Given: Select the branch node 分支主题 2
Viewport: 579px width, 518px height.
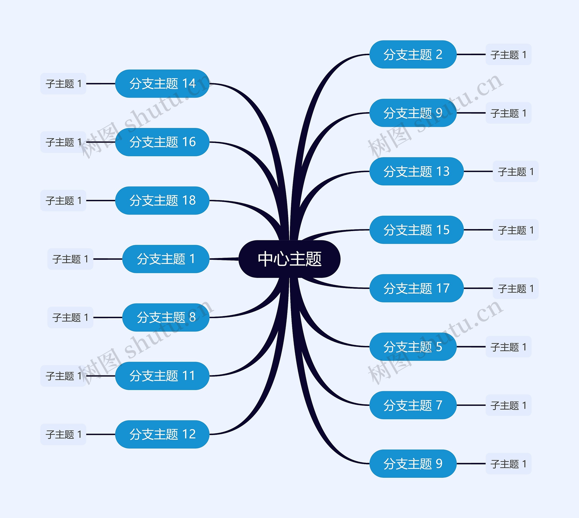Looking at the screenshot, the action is [413, 54].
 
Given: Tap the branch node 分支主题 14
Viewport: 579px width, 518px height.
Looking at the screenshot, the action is [162, 84].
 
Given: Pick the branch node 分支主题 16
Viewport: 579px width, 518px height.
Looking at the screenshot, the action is [162, 142].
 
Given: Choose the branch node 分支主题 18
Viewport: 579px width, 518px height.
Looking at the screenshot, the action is [162, 200].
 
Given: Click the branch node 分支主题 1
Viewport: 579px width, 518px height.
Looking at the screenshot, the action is [166, 259].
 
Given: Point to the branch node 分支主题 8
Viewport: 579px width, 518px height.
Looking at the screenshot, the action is [166, 317].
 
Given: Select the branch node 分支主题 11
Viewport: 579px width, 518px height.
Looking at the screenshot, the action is [162, 376].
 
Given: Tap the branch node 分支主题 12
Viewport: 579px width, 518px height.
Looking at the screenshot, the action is [162, 434].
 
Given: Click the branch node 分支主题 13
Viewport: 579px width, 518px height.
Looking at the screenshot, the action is [416, 171].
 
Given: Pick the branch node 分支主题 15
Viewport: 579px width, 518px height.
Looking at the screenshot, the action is [416, 230].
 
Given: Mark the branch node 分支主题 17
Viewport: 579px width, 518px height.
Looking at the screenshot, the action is [416, 288].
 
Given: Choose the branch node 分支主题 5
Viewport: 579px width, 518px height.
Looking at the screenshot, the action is [413, 347].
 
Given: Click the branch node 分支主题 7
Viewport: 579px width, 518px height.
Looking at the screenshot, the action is [413, 405].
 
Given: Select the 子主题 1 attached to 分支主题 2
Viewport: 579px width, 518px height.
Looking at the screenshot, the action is [508, 54].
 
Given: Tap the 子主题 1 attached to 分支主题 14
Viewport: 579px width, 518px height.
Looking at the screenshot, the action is [63, 84].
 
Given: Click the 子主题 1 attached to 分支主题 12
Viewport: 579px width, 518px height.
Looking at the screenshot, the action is [63, 434].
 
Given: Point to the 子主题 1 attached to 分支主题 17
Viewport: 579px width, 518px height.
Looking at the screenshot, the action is [515, 288].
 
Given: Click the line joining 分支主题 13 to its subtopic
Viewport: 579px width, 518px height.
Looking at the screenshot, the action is [478, 171].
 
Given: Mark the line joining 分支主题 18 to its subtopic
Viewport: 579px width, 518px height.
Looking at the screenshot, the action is [101, 200].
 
